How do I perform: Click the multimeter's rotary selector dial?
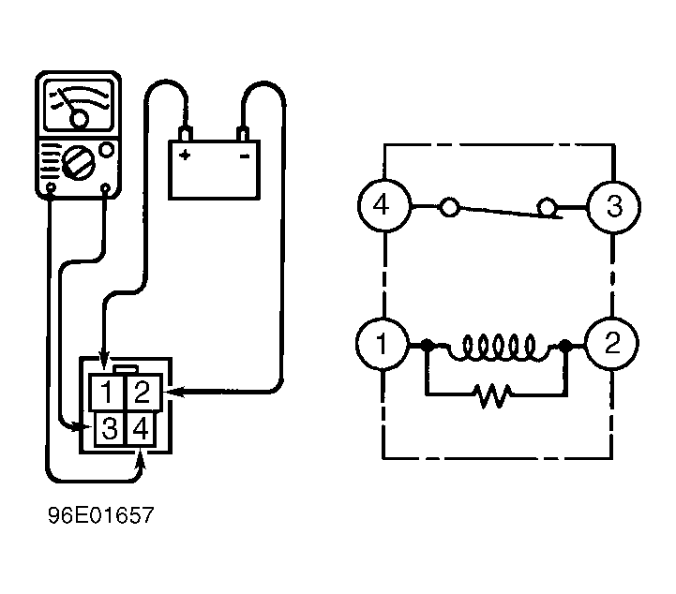78,162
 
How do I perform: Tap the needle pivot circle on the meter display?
80,119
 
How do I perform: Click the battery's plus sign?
185,155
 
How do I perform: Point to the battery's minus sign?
245,156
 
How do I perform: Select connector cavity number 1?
107,393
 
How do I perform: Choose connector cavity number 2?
143,393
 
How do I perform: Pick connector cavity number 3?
110,428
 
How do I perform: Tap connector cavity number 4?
141,428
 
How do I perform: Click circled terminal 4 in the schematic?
384,206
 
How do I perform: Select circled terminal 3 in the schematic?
614,208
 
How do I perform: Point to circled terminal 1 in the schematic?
382,344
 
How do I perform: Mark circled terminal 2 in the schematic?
611,343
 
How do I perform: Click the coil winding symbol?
499,348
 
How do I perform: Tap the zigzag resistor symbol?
495,395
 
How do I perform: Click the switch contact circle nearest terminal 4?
449,207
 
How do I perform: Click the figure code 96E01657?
101,515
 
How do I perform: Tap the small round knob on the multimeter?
107,150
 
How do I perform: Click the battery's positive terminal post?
185,134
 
